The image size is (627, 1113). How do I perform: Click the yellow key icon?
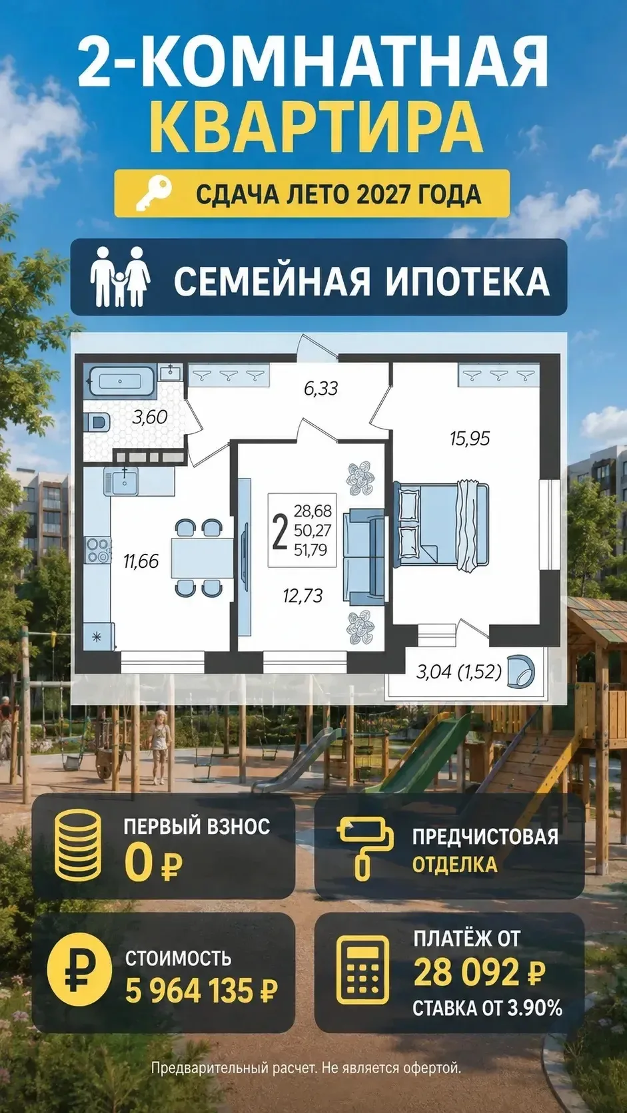tap(155, 193)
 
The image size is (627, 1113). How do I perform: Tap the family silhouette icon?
tap(120, 276)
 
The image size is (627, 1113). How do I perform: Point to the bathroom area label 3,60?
tap(149, 417)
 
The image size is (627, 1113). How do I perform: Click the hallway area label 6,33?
tap(320, 389)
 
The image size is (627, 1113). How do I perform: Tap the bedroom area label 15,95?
tap(470, 438)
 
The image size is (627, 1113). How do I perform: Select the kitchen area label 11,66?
tap(141, 561)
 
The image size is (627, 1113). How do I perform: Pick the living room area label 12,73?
tap(303, 595)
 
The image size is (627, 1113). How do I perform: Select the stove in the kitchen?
tap(97, 550)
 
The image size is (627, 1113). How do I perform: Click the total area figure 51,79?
tap(312, 550)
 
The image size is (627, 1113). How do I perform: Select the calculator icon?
tap(362, 971)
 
